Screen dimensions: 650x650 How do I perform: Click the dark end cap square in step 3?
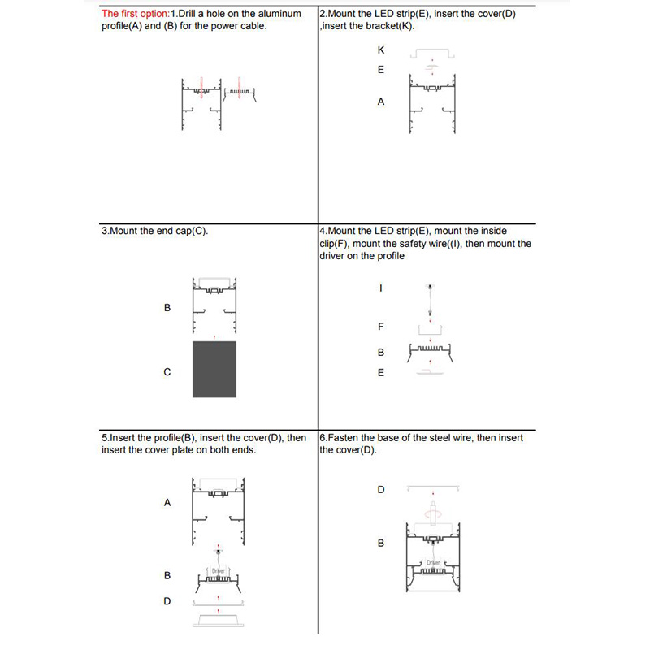(214, 370)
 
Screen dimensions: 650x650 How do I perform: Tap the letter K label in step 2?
(381, 50)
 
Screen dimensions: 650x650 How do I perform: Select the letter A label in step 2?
(381, 102)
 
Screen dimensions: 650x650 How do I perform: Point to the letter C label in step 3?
(167, 372)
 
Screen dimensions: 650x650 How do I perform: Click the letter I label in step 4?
(381, 288)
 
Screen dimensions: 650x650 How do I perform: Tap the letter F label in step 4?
(381, 327)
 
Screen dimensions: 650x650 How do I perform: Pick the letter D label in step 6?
(381, 490)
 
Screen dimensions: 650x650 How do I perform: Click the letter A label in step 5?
(167, 502)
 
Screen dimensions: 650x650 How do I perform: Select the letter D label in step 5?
(167, 601)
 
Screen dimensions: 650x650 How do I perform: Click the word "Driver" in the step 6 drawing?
(433, 563)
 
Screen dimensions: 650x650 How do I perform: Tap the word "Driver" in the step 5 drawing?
(218, 571)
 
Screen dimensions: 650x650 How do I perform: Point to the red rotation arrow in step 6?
(433, 513)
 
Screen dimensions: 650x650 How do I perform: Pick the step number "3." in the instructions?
(105, 231)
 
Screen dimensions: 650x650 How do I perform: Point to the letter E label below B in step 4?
(381, 373)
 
